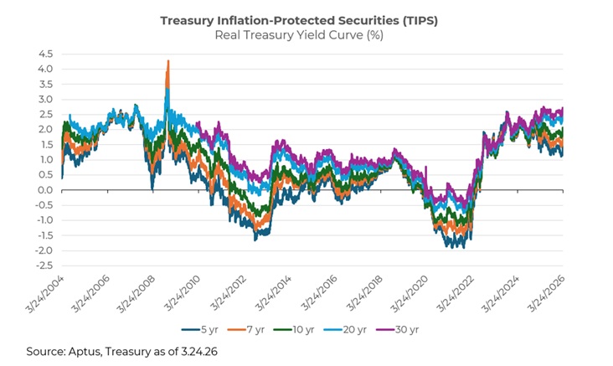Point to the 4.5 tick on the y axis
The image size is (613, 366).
point(44,54)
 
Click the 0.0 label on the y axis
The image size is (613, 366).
point(44,190)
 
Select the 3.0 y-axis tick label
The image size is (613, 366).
point(44,100)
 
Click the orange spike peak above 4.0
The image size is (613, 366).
point(168,61)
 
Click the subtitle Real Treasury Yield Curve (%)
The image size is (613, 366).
point(306,35)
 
